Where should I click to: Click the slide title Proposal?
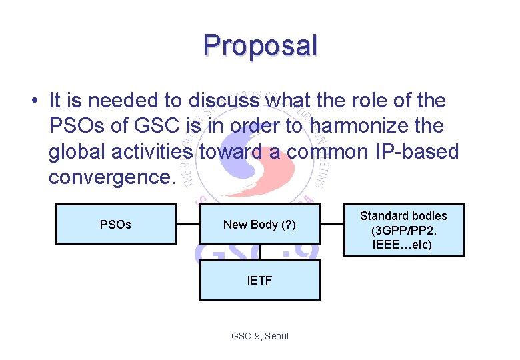[261, 45]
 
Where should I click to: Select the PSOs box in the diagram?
[115, 225]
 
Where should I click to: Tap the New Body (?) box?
[259, 225]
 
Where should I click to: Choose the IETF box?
[259, 281]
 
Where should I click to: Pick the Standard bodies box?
[403, 230]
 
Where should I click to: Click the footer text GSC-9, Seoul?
[259, 336]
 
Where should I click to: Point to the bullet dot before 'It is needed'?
[33, 101]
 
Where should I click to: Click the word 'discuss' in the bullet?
[225, 101]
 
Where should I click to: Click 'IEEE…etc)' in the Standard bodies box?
[403, 245]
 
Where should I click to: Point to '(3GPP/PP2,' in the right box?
[403, 230]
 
